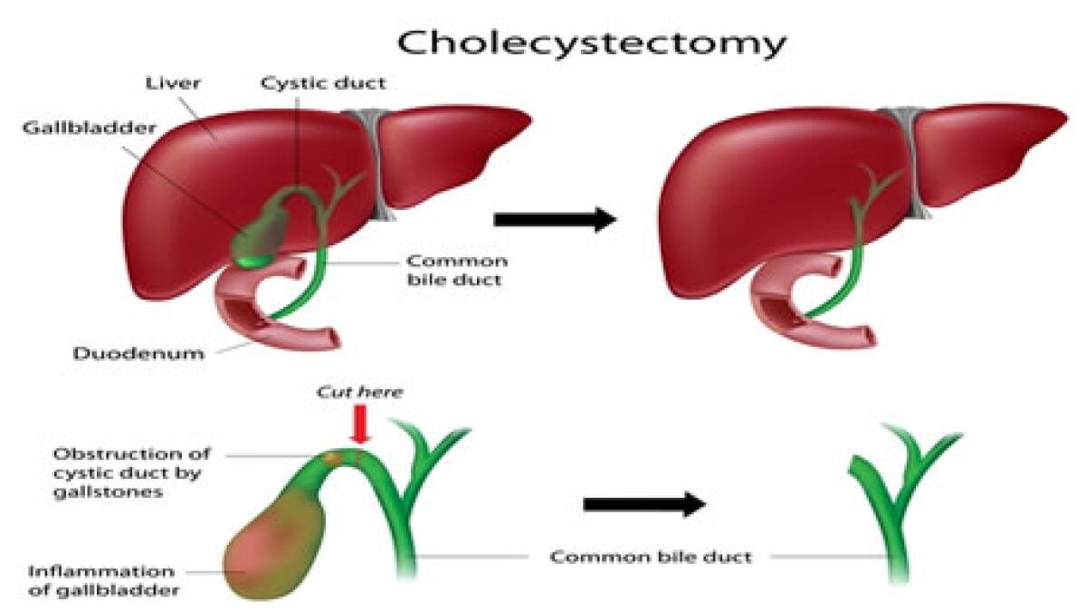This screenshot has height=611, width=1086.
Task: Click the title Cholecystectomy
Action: [x=592, y=44]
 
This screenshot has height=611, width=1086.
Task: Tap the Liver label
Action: [x=173, y=83]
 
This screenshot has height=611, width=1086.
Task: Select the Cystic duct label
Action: [x=323, y=83]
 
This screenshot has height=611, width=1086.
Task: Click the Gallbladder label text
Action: [x=90, y=128]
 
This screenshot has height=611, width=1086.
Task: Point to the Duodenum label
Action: [x=138, y=354]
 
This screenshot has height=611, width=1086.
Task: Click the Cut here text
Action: [x=359, y=392]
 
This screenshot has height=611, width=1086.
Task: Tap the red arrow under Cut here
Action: [x=360, y=425]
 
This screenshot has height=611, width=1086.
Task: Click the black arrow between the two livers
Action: [x=555, y=220]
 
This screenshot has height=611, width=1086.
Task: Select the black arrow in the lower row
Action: [x=644, y=504]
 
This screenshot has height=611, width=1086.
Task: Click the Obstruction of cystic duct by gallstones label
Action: [x=132, y=473]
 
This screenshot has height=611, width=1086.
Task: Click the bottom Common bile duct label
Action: [x=651, y=557]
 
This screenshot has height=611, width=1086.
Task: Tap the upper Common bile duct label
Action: [x=457, y=271]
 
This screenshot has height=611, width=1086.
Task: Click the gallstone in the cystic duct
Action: [x=333, y=458]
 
